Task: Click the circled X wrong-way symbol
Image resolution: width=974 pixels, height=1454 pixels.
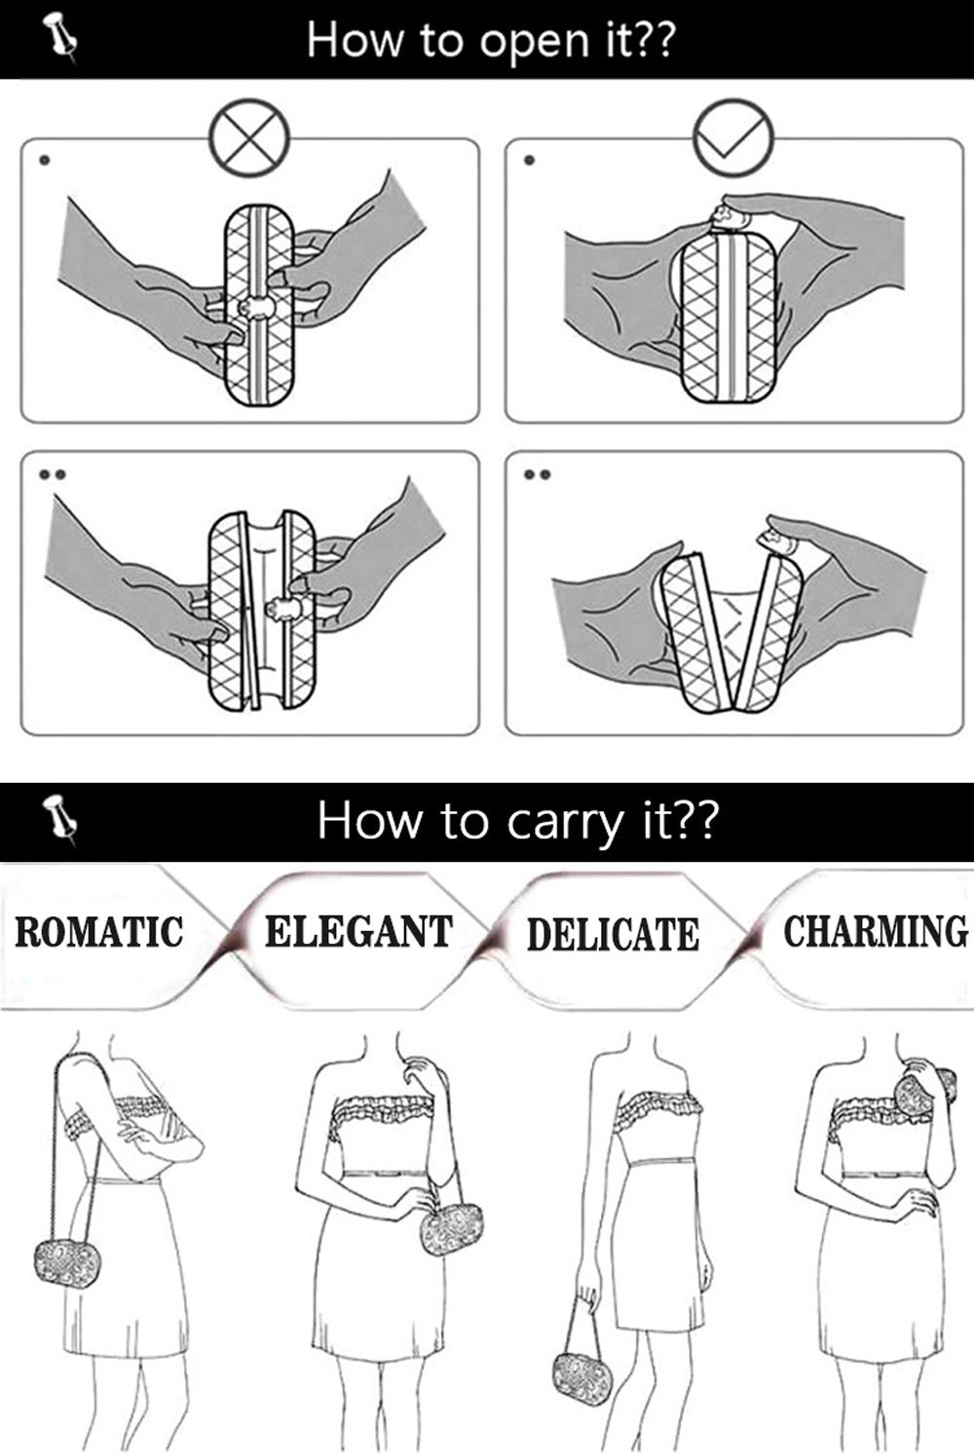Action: [250, 138]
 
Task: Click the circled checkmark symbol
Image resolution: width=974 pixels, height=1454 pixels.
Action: [732, 138]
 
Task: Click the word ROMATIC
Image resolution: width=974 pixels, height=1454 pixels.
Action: [98, 931]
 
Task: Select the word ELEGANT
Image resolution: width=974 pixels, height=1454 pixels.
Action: [358, 931]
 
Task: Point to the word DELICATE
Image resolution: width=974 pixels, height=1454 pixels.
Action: [613, 934]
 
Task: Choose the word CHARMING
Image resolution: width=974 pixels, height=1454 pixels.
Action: [876, 931]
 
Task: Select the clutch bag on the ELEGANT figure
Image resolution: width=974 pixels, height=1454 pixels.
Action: [452, 1228]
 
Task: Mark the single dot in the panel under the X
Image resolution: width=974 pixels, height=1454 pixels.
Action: [45, 161]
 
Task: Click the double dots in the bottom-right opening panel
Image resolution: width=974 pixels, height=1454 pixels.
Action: [538, 474]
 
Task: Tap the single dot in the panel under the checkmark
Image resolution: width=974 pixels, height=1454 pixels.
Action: [529, 161]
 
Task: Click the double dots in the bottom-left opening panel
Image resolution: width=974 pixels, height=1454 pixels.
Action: [52, 474]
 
